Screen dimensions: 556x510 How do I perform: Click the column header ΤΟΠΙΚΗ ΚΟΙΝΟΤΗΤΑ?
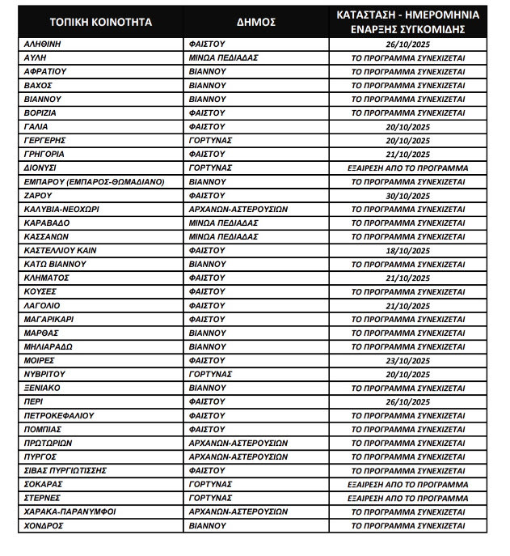pyautogui.click(x=100, y=22)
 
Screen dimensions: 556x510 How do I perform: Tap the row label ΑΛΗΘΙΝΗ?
pyautogui.click(x=44, y=45)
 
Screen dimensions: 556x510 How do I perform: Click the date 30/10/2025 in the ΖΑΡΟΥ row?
pyautogui.click(x=408, y=195)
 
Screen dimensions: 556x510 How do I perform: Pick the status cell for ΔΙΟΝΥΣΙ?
pyautogui.click(x=408, y=168)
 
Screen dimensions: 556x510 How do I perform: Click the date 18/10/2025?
pyautogui.click(x=408, y=250)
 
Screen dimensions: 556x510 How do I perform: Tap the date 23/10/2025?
pyautogui.click(x=408, y=360)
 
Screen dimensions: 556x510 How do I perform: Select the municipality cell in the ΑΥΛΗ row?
pyautogui.click(x=222, y=58)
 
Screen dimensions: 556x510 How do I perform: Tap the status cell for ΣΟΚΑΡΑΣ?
pyautogui.click(x=408, y=484)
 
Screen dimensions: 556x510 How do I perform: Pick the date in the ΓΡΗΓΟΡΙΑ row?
pyautogui.click(x=408, y=154)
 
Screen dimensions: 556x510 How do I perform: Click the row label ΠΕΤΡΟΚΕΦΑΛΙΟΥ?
pyautogui.click(x=60, y=415)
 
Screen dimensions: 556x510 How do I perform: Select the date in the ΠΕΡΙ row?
pyautogui.click(x=408, y=401)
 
